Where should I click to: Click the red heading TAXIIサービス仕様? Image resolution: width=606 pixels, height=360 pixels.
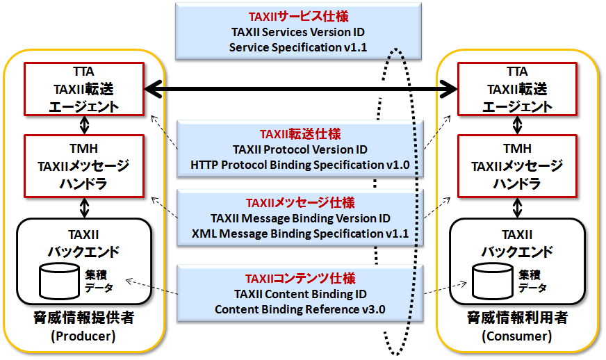[298, 16]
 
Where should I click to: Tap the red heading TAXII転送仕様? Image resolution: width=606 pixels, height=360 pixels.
[300, 134]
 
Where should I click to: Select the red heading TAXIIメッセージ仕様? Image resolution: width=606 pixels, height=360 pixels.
[300, 203]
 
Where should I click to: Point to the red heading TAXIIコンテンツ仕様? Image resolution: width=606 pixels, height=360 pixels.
[300, 279]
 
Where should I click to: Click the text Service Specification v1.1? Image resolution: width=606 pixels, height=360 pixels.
[298, 47]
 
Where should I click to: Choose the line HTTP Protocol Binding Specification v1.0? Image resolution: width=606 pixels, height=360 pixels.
[300, 165]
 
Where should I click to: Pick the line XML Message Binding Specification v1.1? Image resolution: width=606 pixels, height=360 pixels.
[300, 234]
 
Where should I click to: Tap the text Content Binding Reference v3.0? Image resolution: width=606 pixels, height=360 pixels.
[300, 309]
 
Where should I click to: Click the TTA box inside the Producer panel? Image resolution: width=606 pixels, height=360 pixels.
[84, 89]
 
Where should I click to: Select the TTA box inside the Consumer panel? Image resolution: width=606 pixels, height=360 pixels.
[517, 89]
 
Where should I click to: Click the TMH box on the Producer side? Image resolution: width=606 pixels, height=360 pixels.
[84, 166]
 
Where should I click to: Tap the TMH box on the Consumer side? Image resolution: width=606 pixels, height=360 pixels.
[517, 166]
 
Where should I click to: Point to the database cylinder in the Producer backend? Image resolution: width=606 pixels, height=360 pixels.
[60, 281]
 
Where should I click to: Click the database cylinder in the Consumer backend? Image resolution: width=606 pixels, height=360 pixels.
[493, 281]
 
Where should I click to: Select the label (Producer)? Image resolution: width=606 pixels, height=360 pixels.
[83, 336]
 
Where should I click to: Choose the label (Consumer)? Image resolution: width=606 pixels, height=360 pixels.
[517, 336]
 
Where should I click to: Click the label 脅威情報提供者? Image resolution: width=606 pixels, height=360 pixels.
[83, 318]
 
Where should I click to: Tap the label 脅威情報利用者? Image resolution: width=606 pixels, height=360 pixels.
[517, 318]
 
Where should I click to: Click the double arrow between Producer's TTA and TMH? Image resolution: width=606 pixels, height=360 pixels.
[84, 125]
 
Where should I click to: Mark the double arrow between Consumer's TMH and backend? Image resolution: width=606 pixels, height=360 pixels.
[517, 208]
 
